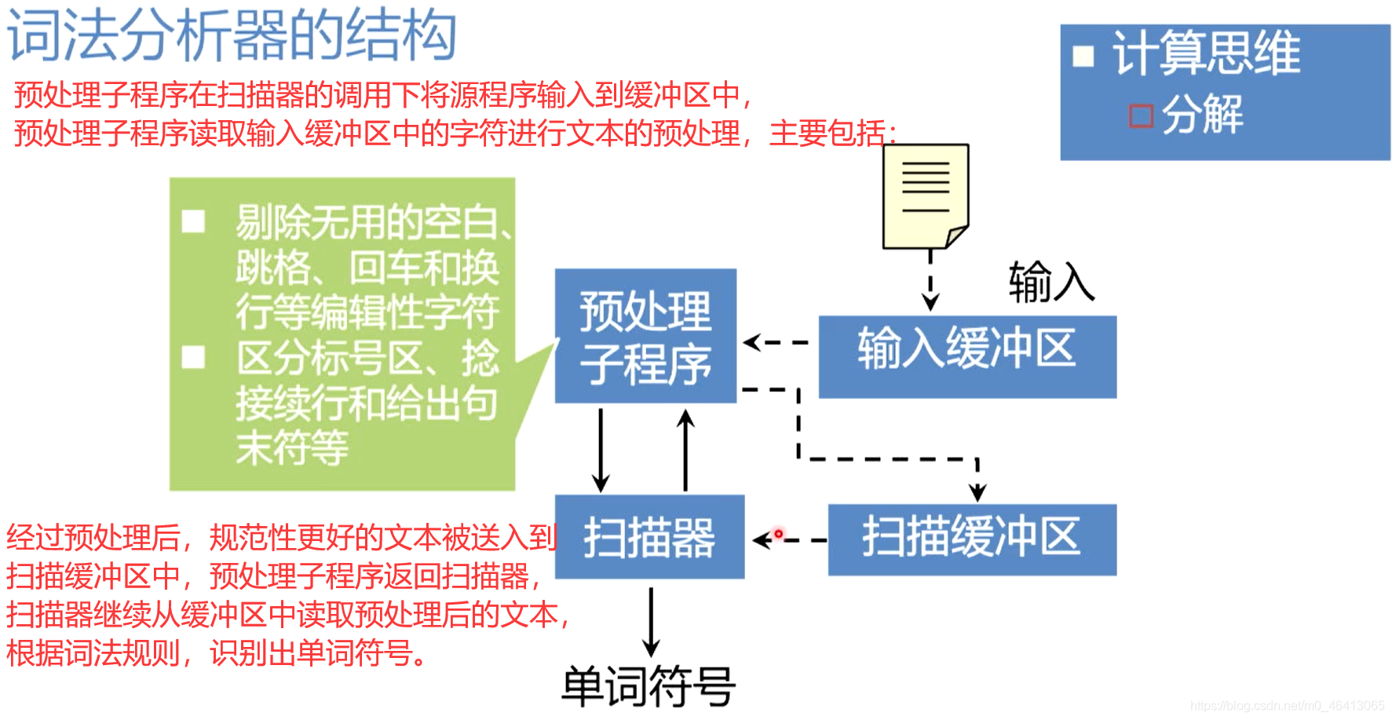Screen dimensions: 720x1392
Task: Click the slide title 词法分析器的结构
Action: [232, 35]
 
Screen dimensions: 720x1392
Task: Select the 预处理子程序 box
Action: [645, 336]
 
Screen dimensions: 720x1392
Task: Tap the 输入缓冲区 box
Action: [966, 356]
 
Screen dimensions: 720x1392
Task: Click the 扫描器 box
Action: [649, 537]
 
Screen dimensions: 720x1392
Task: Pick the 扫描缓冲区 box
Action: [971, 539]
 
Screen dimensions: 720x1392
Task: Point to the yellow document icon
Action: [926, 196]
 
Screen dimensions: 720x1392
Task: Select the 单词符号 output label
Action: [649, 686]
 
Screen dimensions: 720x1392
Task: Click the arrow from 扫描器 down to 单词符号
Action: [651, 620]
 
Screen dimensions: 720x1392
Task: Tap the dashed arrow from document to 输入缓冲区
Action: [930, 281]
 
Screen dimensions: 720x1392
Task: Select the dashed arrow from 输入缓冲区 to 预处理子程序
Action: [776, 342]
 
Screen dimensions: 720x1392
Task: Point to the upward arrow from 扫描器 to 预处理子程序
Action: [686, 450]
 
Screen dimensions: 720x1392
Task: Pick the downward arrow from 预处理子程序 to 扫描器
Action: [601, 450]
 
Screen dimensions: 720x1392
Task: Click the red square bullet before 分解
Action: [1141, 115]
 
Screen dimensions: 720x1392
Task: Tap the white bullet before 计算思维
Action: [1083, 56]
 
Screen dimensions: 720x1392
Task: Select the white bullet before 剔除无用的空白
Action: [193, 221]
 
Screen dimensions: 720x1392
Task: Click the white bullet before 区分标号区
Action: [193, 358]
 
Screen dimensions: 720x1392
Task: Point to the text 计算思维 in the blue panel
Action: [1206, 53]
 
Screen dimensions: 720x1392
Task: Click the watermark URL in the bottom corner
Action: [1287, 706]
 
